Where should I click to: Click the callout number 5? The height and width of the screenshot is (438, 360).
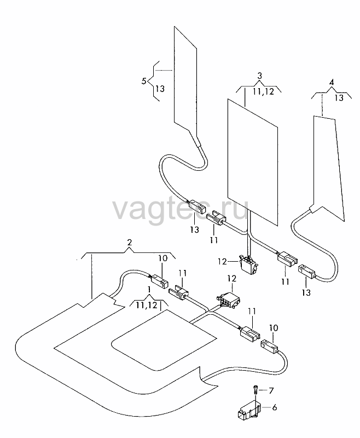(144, 82)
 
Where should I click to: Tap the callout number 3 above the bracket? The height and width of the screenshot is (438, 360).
(259, 76)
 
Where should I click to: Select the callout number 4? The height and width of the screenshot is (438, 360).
(331, 83)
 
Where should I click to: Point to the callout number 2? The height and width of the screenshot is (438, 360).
(129, 243)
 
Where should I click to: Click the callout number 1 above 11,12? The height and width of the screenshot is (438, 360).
(149, 290)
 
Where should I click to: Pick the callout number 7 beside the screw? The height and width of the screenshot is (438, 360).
(271, 390)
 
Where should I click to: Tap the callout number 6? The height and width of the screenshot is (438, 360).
(275, 407)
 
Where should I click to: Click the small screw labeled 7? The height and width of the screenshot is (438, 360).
(256, 390)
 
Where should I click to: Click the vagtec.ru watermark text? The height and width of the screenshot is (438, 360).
(180, 210)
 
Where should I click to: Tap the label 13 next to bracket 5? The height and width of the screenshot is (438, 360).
(160, 89)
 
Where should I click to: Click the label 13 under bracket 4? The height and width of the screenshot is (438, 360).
(339, 98)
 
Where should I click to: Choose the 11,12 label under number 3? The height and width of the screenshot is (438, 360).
(264, 91)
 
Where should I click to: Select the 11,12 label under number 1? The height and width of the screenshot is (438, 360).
(147, 305)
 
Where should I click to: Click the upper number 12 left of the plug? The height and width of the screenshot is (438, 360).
(223, 262)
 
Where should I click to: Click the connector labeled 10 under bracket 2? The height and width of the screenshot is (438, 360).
(159, 280)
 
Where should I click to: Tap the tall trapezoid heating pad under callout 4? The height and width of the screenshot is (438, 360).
(328, 168)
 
